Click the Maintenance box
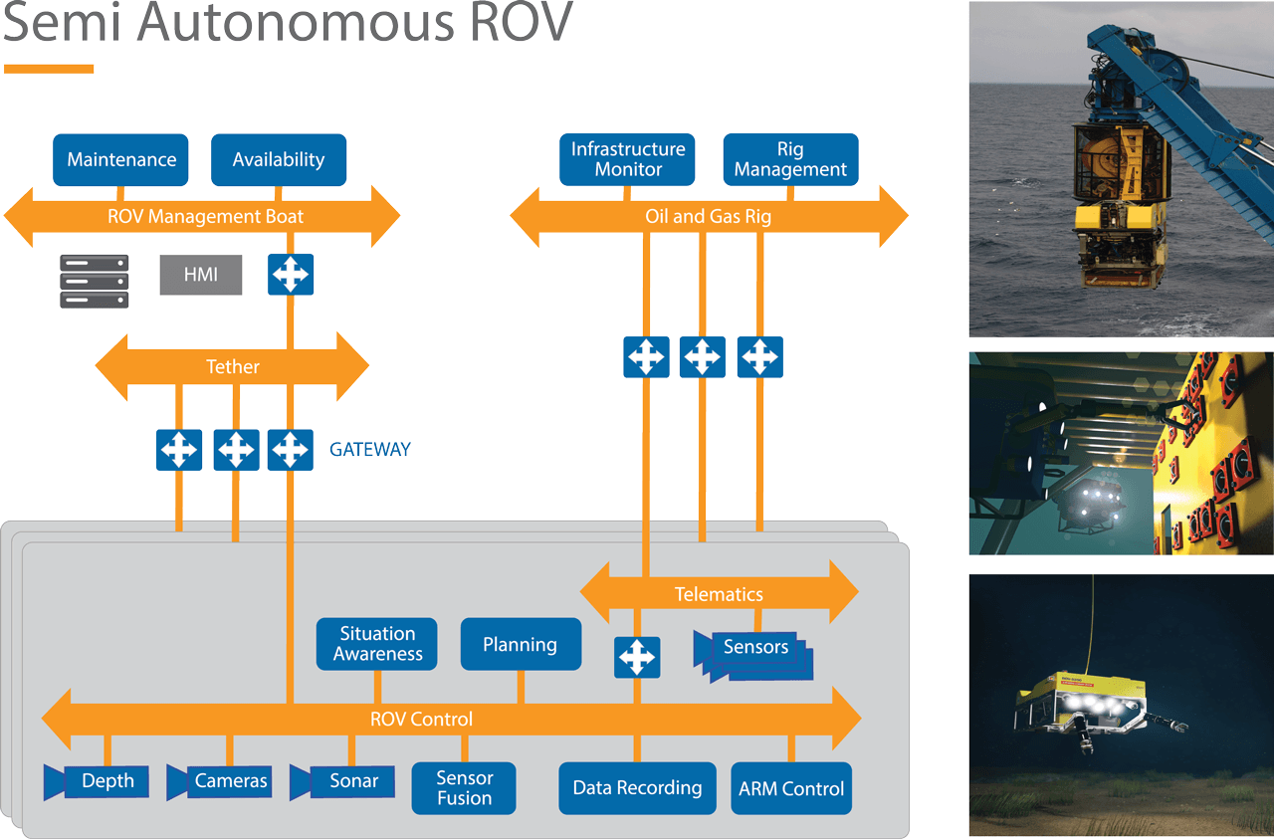tap(120, 159)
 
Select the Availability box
tap(279, 159)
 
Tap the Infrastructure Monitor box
tap(627, 159)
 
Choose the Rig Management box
tap(790, 159)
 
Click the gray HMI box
tap(201, 275)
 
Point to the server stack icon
tap(95, 281)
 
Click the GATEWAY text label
tap(369, 450)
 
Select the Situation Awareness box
tap(378, 644)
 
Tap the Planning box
tap(520, 644)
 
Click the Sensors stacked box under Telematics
tap(755, 648)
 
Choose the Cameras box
tap(230, 781)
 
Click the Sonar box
tap(353, 781)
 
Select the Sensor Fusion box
tap(464, 788)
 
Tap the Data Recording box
tap(637, 788)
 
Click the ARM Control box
tap(791, 788)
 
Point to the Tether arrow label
tap(232, 367)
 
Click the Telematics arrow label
tap(719, 594)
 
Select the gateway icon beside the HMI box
tap(291, 274)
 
